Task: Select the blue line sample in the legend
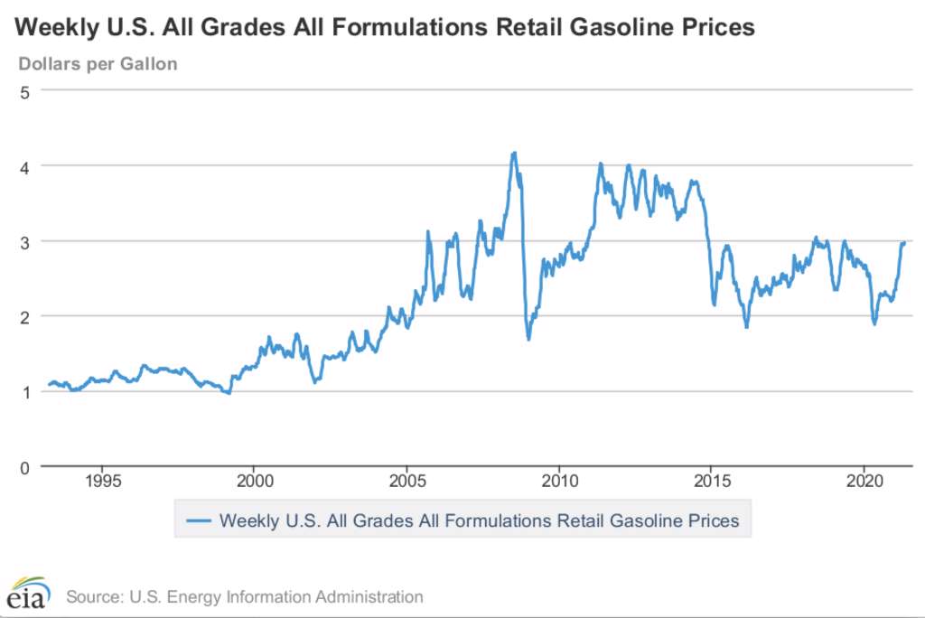198,520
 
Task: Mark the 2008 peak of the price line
514,153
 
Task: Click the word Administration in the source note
372,596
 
